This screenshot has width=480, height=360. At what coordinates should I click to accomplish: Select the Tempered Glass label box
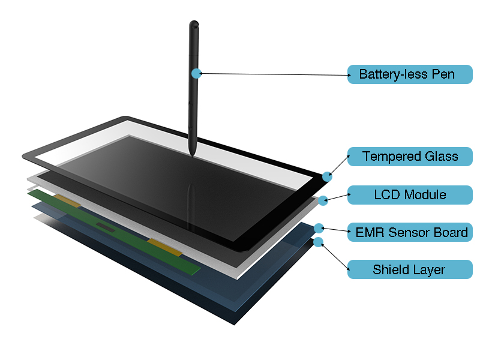tap(410, 157)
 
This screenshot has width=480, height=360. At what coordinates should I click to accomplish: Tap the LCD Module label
tap(410, 195)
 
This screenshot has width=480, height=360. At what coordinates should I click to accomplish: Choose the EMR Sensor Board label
tap(410, 232)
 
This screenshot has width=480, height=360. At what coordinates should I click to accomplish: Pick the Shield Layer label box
tap(410, 269)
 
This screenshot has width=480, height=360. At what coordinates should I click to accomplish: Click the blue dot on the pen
tap(196, 73)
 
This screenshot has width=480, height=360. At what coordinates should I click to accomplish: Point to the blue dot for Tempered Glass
tap(327, 176)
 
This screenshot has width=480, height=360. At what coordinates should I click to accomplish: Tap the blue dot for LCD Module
tap(323, 200)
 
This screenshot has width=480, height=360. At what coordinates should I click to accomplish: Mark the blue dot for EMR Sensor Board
tap(319, 228)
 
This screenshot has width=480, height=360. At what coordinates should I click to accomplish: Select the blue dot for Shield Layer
tap(319, 242)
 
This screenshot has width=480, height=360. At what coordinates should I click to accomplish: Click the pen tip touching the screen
tap(192, 155)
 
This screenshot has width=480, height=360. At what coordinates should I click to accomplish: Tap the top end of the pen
tap(194, 24)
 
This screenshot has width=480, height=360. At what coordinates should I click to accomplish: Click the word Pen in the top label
tap(443, 74)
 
